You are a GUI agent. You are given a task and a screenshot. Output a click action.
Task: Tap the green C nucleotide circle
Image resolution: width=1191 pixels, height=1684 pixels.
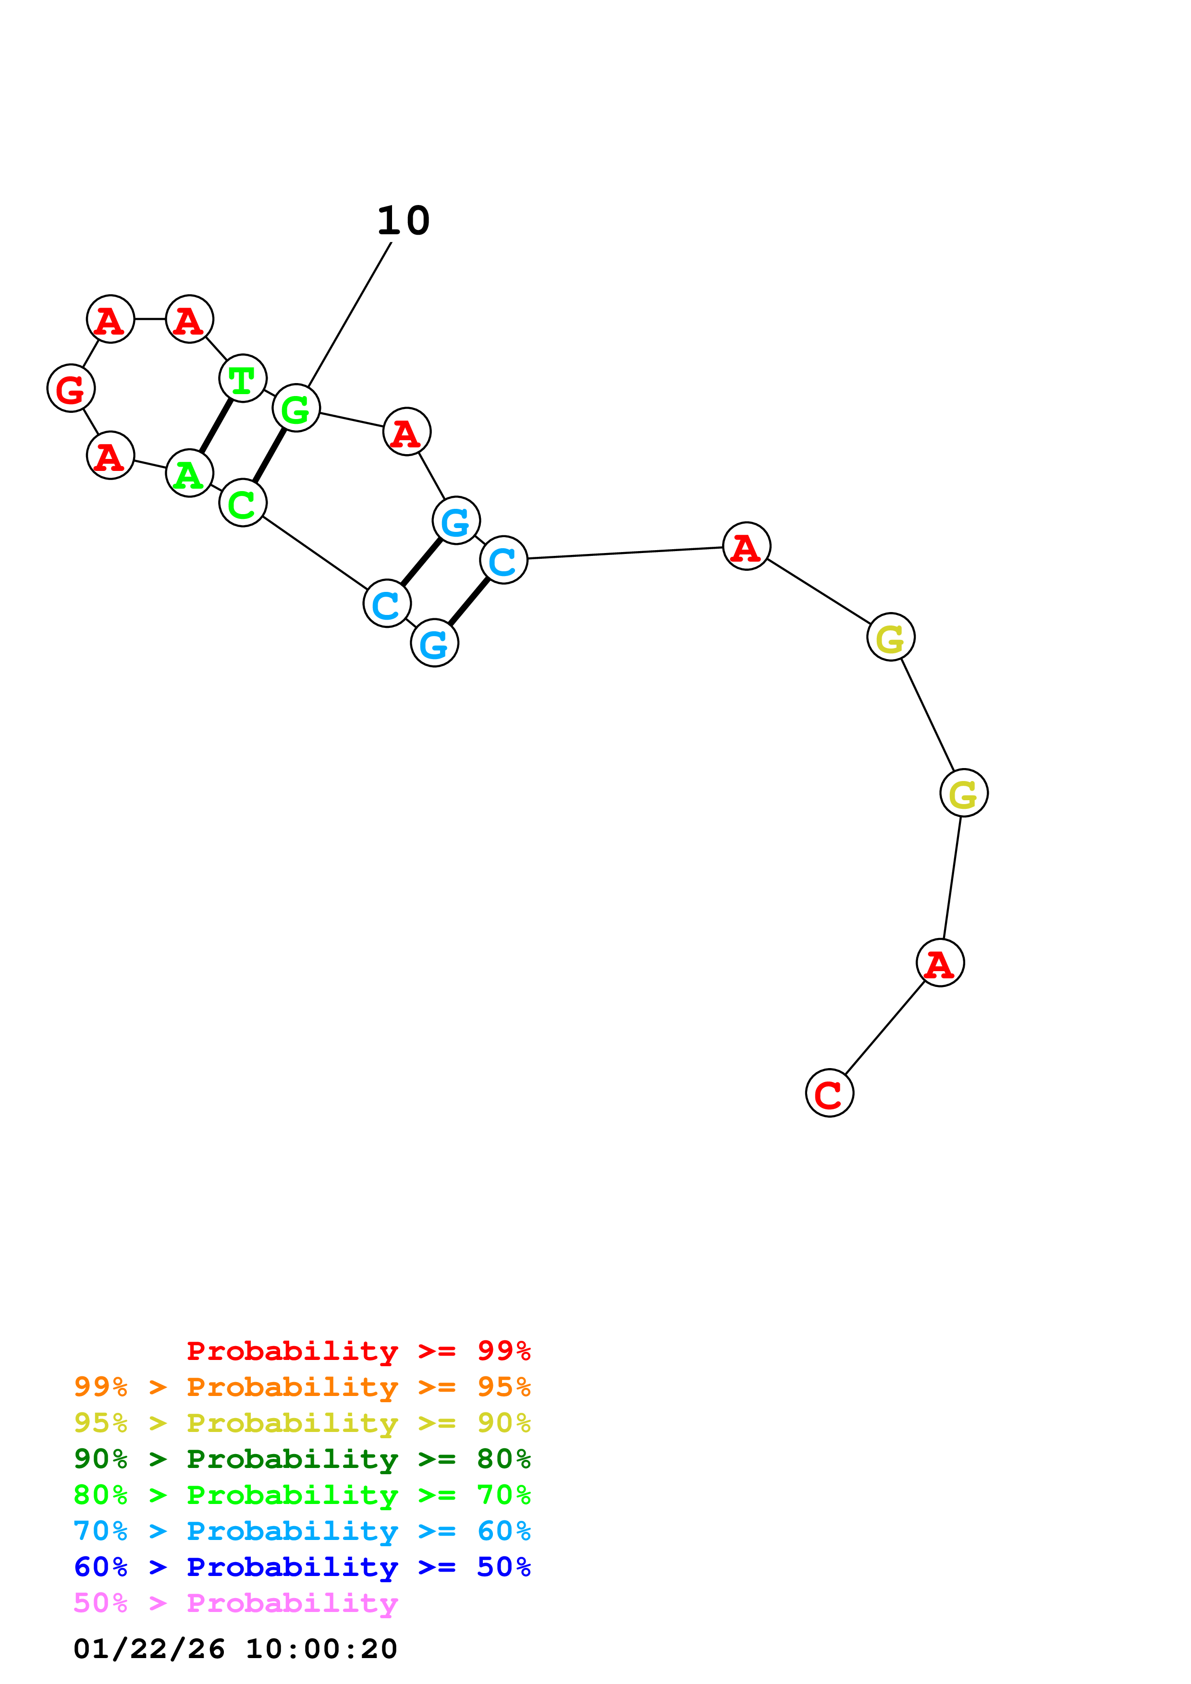[242, 503]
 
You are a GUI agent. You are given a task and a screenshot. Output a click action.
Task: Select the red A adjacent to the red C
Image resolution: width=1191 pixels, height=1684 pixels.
[940, 963]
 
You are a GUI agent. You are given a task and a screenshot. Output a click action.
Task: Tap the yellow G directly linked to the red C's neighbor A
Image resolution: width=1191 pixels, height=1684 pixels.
[964, 793]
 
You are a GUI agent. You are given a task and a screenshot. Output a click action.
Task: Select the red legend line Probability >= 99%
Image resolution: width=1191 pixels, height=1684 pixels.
[358, 1350]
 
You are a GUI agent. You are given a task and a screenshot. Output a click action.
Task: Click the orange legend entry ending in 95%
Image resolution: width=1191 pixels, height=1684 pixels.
[302, 1387]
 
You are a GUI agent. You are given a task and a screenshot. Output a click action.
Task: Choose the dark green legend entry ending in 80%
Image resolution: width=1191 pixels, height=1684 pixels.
[302, 1459]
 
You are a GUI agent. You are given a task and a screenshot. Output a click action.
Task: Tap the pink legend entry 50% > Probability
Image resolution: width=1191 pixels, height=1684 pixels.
[235, 1603]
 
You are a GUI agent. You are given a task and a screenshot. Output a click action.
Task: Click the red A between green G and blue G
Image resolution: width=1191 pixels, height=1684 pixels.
[406, 432]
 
